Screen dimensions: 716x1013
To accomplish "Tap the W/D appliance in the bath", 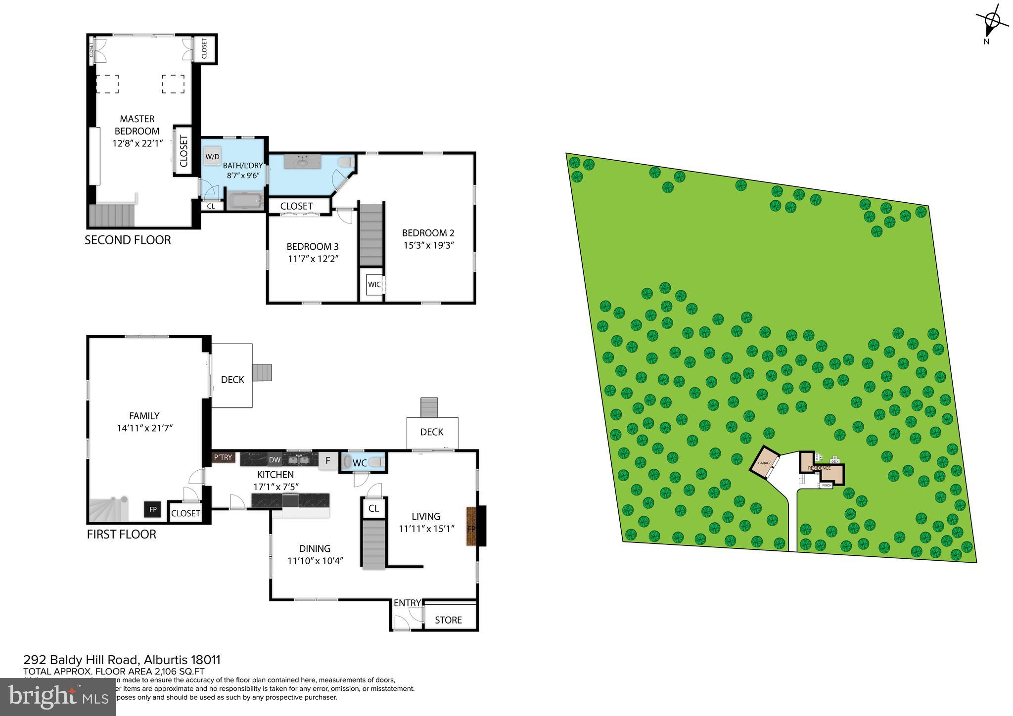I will tap(212, 156).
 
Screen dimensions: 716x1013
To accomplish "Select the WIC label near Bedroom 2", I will tap(374, 284).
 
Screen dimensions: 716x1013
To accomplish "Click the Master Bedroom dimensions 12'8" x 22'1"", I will tap(138, 143).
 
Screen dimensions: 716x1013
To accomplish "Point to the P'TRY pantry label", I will tap(223, 457).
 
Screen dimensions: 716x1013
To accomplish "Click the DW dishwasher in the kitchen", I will tap(275, 460).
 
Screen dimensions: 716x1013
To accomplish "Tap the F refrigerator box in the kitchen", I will tap(327, 460).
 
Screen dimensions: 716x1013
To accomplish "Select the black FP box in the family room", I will tap(153, 509).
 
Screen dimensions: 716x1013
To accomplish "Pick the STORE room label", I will tap(448, 620).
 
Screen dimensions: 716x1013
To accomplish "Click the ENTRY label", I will tap(407, 603).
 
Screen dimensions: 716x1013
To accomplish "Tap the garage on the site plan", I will tap(765, 463).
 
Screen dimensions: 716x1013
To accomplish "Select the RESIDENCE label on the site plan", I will tap(819, 468).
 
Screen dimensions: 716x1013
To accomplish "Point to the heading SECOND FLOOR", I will tap(128, 240).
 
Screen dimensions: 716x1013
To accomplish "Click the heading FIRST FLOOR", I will tap(121, 535).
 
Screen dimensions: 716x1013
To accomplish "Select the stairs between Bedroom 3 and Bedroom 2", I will tap(371, 235).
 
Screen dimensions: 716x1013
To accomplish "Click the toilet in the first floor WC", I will tap(376, 462).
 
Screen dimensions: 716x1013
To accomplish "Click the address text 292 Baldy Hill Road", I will tap(83, 660).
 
